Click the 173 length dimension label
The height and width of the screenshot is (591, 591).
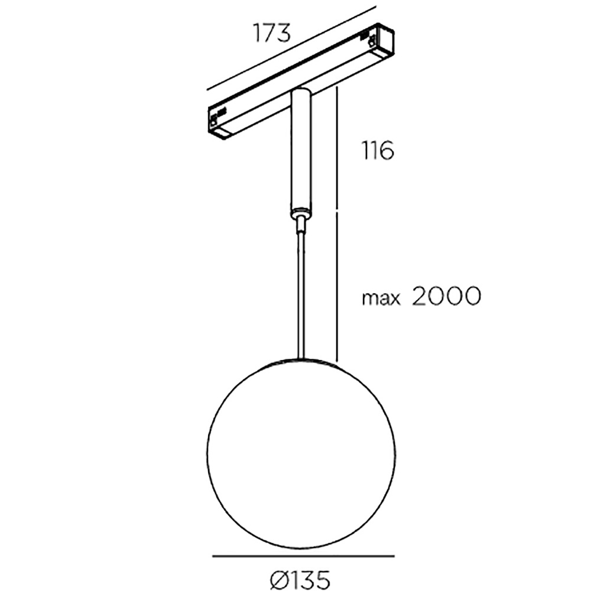click(x=272, y=33)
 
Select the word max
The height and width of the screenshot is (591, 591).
click(x=381, y=298)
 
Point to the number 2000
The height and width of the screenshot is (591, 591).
click(x=447, y=296)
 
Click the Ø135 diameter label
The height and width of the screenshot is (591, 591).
click(x=300, y=579)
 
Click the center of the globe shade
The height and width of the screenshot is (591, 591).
click(x=301, y=452)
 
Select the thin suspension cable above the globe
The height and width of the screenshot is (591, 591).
click(x=301, y=294)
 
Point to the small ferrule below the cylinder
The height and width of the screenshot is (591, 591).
click(x=300, y=223)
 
